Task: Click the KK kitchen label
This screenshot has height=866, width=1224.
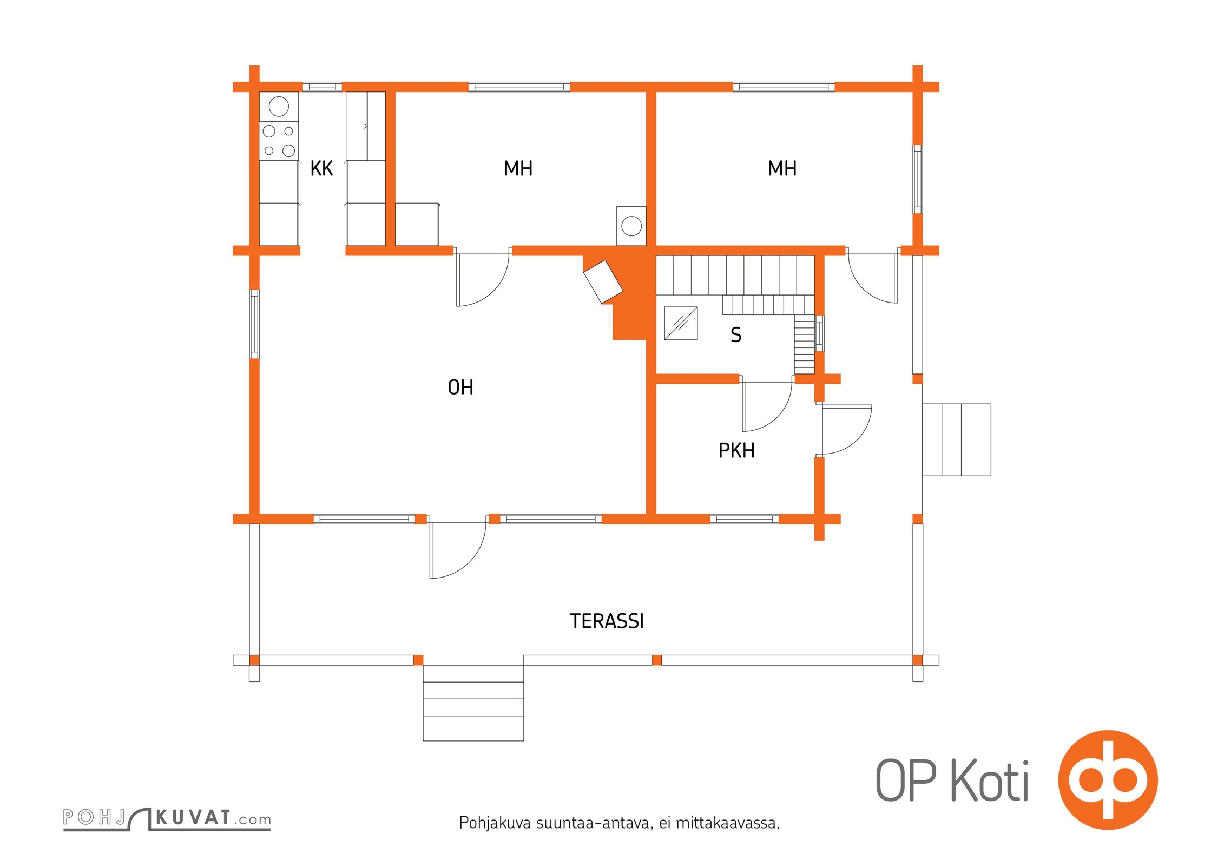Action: pos(321,169)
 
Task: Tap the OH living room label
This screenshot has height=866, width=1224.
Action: pos(460,388)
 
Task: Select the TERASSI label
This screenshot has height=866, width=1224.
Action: pos(607,621)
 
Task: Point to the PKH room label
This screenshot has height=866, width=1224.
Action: pos(736,451)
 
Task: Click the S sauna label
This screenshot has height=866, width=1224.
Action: pos(736,335)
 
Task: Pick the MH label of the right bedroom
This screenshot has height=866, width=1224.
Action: pos(782,169)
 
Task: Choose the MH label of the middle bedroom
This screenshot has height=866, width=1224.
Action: pos(518,169)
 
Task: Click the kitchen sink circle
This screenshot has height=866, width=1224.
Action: pos(279,107)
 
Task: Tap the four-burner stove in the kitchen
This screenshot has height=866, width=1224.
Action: pos(279,141)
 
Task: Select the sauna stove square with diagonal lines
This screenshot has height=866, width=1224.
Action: pos(681,323)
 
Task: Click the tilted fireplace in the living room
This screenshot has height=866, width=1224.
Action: pos(603,282)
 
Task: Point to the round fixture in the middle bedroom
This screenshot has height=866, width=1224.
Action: pos(631,226)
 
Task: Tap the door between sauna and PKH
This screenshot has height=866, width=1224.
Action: pos(767,406)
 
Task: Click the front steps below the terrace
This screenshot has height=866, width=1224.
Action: pos(473,703)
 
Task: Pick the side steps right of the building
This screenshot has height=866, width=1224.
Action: pos(957,440)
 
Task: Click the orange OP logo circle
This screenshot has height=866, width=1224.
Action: pos(1108,780)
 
